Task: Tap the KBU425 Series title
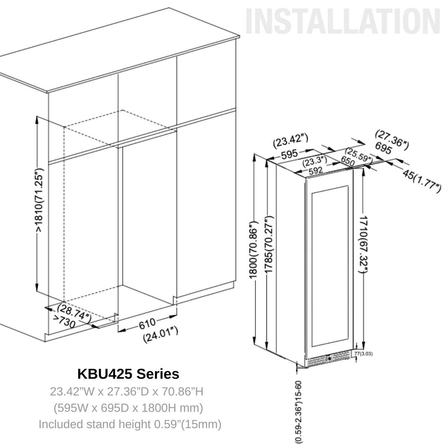pyautogui.click(x=128, y=374)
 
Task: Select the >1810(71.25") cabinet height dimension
pyautogui.click(x=40, y=201)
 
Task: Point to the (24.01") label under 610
pyautogui.click(x=160, y=335)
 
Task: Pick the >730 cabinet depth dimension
pyautogui.click(x=64, y=322)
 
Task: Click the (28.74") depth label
pyautogui.click(x=74, y=312)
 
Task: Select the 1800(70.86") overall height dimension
pyautogui.click(x=253, y=251)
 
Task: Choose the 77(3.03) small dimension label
pyautogui.click(x=363, y=353)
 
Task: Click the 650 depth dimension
pyautogui.click(x=347, y=162)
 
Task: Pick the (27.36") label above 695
pyautogui.click(x=392, y=138)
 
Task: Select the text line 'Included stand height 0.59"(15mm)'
pyautogui.click(x=130, y=424)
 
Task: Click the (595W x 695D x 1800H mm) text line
pyautogui.click(x=128, y=408)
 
